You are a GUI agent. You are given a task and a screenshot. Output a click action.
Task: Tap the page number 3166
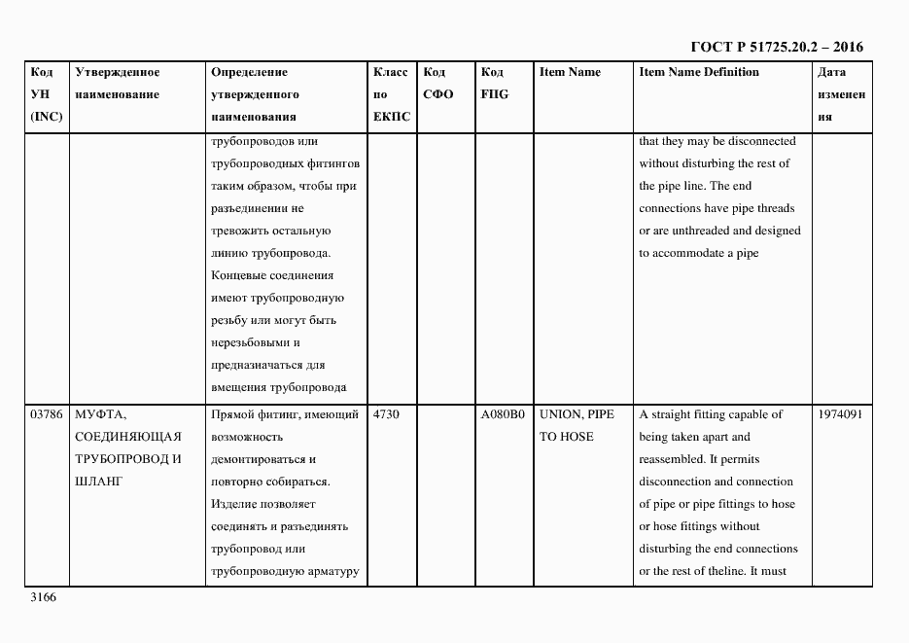tap(43, 597)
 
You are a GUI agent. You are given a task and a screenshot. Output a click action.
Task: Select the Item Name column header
tap(570, 72)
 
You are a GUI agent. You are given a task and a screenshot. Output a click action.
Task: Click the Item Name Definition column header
tap(698, 72)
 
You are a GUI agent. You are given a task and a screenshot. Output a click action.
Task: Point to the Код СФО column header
tap(437, 84)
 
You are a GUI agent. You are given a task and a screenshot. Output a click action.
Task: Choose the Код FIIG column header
tap(494, 84)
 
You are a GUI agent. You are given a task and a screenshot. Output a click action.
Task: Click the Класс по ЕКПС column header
tap(391, 94)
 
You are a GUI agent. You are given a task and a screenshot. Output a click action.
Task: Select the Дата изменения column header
tap(840, 94)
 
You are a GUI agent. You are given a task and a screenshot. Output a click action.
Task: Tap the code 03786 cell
tap(48, 414)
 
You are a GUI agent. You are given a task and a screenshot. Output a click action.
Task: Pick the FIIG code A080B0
tap(503, 414)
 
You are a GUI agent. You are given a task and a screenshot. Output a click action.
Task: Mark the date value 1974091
tap(841, 414)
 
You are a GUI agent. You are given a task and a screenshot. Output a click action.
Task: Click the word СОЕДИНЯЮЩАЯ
tap(127, 437)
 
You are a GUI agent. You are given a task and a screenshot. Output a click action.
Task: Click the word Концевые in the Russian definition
tap(237, 275)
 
